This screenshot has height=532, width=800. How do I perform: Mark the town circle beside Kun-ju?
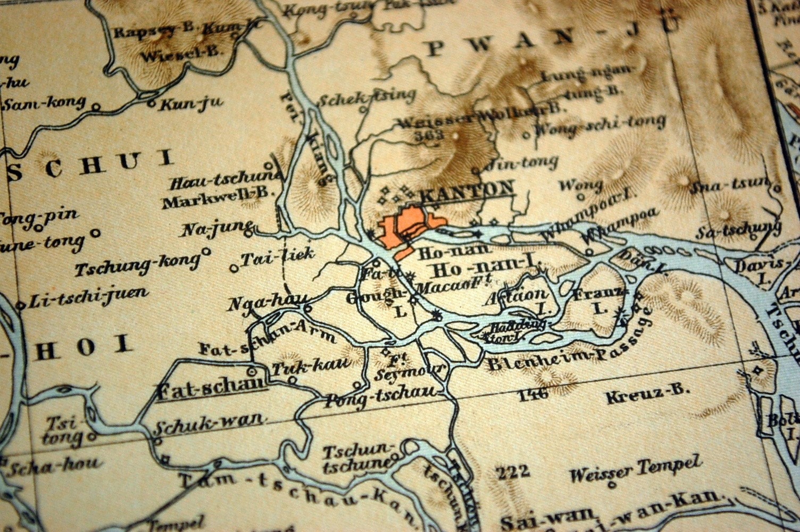click(x=152, y=105)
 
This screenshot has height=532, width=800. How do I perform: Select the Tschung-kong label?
click(x=137, y=264)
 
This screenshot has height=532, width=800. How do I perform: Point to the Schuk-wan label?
click(x=209, y=424)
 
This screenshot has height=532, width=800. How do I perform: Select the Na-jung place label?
click(x=215, y=229)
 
